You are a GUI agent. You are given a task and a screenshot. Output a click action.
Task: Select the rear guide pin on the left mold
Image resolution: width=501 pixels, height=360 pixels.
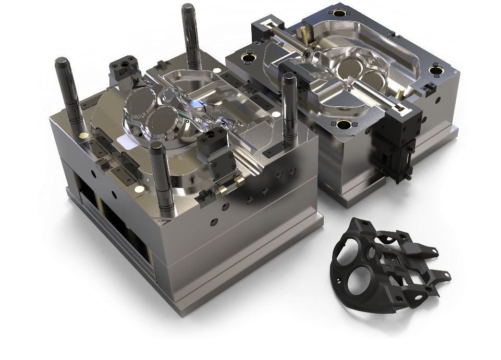(190, 36)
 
